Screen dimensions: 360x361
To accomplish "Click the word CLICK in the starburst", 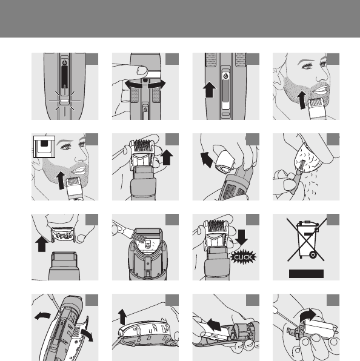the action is (243, 257).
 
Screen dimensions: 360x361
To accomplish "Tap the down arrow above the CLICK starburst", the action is (241, 237).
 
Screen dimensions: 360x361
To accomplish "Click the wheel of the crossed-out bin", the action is (313, 254).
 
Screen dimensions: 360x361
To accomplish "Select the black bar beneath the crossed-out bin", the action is (306, 274).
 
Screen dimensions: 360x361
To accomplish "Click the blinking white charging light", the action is (65, 101).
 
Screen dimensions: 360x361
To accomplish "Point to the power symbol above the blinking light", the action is (65, 62).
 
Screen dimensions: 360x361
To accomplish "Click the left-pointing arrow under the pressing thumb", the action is (133, 84).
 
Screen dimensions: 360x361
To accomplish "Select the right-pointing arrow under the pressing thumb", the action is (156, 84).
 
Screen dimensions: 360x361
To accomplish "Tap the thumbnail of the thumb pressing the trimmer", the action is (141, 70).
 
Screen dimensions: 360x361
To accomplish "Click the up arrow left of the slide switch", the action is (209, 90).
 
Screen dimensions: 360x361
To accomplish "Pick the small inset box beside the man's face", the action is (44, 147).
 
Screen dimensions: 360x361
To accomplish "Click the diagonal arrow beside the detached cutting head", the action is (206, 159).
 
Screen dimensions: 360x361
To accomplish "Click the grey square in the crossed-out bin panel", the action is (333, 220).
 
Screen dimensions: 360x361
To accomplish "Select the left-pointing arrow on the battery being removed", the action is (214, 325).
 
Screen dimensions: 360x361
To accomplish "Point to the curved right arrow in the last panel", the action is (307, 316).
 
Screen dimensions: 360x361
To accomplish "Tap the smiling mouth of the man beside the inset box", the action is (79, 170).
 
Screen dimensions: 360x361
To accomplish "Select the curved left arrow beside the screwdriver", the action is (42, 316).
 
